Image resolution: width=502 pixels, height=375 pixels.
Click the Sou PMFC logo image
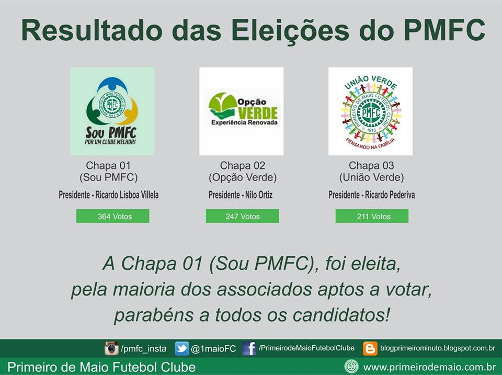click(x=112, y=111)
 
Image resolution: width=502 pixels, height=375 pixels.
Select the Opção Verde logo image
click(x=241, y=111)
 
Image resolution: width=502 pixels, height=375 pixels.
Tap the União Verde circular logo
click(x=370, y=111)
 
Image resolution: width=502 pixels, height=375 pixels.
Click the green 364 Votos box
click(x=112, y=216)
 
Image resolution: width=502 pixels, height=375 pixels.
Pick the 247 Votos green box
click(x=242, y=216)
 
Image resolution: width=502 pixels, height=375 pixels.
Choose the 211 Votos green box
click(x=372, y=216)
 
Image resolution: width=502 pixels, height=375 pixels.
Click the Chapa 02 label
click(x=242, y=166)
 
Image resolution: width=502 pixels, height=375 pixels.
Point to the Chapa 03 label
click(x=371, y=166)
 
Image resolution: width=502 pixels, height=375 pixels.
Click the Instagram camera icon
click(x=111, y=348)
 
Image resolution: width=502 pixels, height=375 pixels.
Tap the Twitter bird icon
click(x=181, y=348)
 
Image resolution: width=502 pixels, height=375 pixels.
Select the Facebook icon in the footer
click(x=249, y=348)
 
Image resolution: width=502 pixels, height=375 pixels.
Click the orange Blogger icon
click(x=370, y=348)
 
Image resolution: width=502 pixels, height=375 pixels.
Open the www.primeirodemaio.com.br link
click(x=429, y=367)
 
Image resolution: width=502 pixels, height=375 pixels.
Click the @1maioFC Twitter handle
click(x=213, y=349)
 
